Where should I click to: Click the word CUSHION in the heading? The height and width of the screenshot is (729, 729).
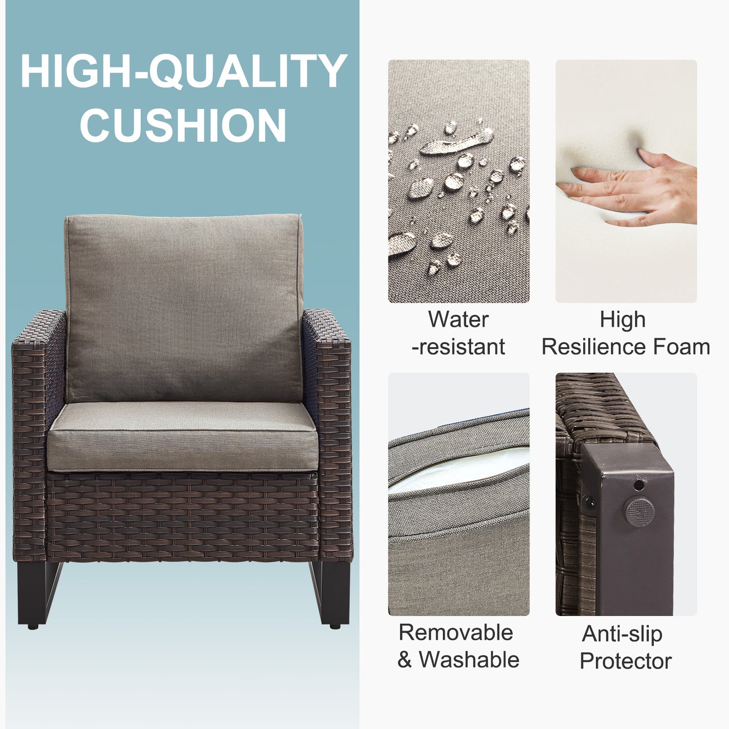183,125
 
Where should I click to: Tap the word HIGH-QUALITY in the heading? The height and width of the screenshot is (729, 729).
184,71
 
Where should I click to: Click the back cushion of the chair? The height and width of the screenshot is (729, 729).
184,308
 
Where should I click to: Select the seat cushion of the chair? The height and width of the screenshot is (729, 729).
183,436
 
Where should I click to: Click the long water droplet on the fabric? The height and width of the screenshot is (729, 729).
457,142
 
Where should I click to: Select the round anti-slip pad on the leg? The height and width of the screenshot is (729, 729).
639,512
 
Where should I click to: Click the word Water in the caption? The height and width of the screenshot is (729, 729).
459,320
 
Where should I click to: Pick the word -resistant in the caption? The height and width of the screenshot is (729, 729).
459,347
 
